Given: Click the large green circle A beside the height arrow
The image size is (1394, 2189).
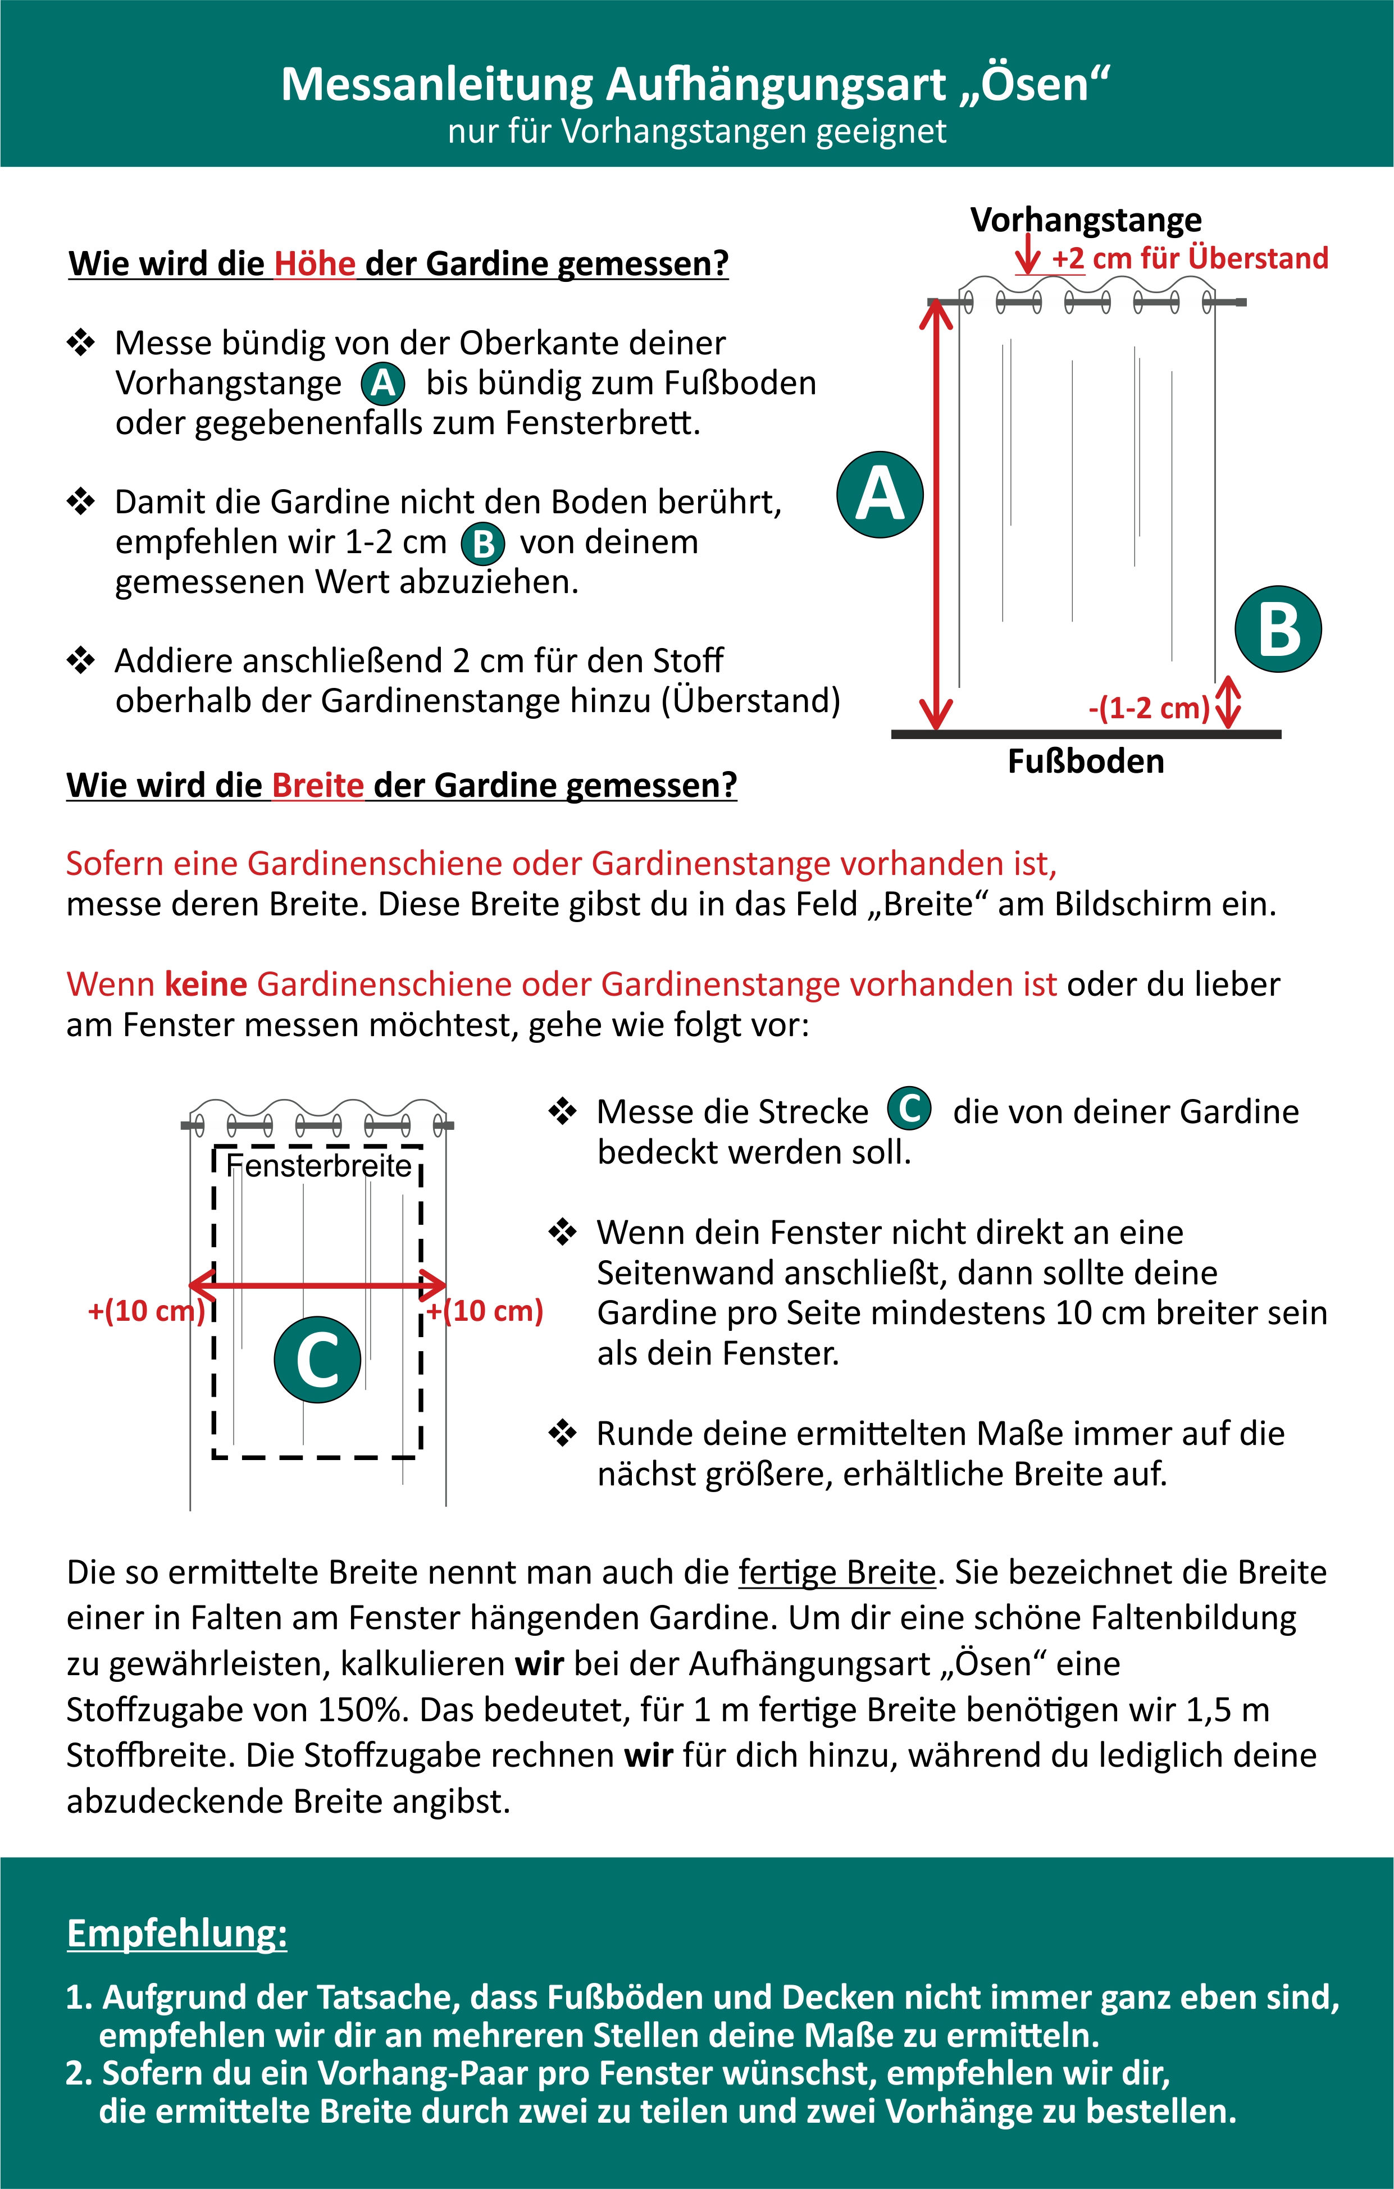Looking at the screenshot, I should pyautogui.click(x=880, y=495).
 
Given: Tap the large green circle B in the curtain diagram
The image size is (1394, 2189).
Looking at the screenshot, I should pyautogui.click(x=1278, y=629).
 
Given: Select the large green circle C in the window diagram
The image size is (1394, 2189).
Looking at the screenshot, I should pyautogui.click(x=317, y=1359).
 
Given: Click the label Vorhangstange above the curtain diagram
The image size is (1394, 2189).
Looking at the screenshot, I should pyautogui.click(x=1086, y=220).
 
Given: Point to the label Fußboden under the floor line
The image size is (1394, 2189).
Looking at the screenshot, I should pyautogui.click(x=1086, y=761).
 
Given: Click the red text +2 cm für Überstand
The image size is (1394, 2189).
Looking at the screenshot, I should pyautogui.click(x=1190, y=258).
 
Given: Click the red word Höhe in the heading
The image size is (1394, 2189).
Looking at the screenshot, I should pyautogui.click(x=315, y=263).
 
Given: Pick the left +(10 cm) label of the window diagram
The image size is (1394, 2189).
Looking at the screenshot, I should pyautogui.click(x=145, y=1311).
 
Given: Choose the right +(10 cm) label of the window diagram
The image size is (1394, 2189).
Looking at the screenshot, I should pyautogui.click(x=486, y=1311).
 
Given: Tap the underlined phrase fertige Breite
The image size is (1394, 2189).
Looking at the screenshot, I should pyautogui.click(x=837, y=1572).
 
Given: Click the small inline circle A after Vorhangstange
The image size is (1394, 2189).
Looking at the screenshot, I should pyautogui.click(x=383, y=384).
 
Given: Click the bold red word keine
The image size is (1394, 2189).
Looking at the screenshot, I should pyautogui.click(x=207, y=984).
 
